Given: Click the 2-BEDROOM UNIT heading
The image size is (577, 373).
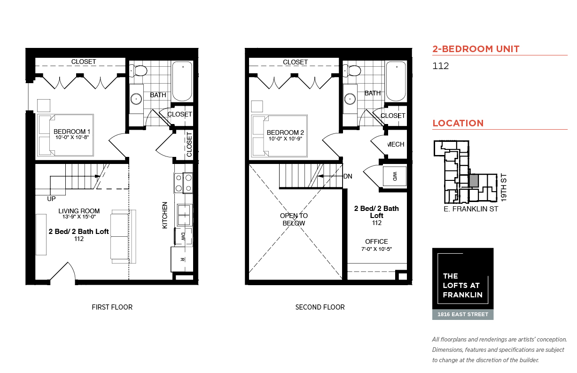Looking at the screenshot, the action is (x=476, y=49).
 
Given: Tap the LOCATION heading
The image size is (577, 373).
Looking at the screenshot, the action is (x=458, y=123).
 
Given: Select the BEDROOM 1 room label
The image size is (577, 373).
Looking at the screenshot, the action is (x=72, y=132).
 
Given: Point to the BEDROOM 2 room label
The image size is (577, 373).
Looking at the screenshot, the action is (x=285, y=132).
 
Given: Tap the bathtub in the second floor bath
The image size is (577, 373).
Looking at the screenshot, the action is (x=396, y=81).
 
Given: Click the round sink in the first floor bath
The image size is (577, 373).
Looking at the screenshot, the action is (x=136, y=99).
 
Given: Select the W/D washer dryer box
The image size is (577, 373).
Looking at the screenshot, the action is (x=395, y=176).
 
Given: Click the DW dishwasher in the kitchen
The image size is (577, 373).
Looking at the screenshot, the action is (x=183, y=236).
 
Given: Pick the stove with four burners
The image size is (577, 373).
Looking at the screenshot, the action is (x=183, y=183).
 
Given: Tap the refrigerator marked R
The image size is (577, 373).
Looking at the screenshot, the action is (x=182, y=259).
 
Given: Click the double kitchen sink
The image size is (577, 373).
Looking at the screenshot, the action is (x=184, y=215).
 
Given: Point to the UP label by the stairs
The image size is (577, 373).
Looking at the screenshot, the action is (x=51, y=199).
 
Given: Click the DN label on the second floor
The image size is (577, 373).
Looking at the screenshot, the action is (x=348, y=177).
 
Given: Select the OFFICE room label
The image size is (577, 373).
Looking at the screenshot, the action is (x=376, y=241).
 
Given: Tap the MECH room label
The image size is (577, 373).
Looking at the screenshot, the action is (x=396, y=144).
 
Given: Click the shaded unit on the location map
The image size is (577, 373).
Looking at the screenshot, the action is (x=474, y=181).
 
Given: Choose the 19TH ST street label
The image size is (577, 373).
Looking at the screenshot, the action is (x=504, y=187).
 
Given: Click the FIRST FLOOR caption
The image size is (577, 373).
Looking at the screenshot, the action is (x=112, y=307).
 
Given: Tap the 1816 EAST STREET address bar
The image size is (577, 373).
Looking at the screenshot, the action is (x=463, y=314).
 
